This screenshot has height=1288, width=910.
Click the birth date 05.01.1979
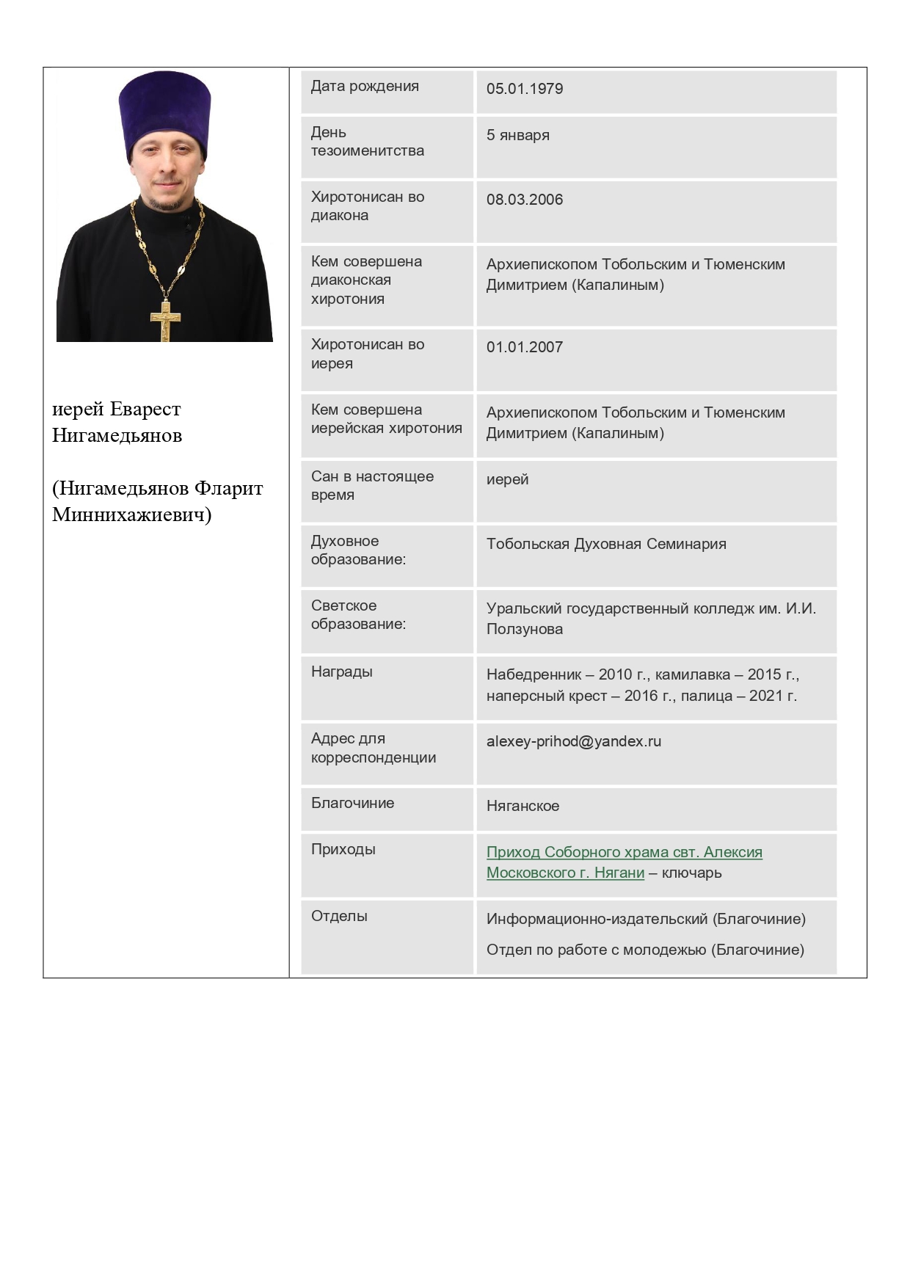525,89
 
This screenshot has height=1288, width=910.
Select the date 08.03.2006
525,200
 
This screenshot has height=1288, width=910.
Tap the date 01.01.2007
525,347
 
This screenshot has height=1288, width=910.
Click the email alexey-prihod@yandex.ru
574,741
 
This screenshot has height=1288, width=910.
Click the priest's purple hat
165,110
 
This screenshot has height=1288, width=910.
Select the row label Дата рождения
365,86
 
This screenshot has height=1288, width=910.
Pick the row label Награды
342,672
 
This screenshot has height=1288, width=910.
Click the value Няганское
523,806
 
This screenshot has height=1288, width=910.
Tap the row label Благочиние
352,803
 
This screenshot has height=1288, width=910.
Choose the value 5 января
518,135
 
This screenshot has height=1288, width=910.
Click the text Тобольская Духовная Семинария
606,544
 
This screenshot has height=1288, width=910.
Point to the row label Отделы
339,916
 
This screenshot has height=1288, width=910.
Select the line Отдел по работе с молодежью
645,950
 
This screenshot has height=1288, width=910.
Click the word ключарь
691,873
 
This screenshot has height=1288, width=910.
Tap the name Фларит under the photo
228,488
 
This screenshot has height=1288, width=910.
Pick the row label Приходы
343,849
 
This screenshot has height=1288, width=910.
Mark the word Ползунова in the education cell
525,629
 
